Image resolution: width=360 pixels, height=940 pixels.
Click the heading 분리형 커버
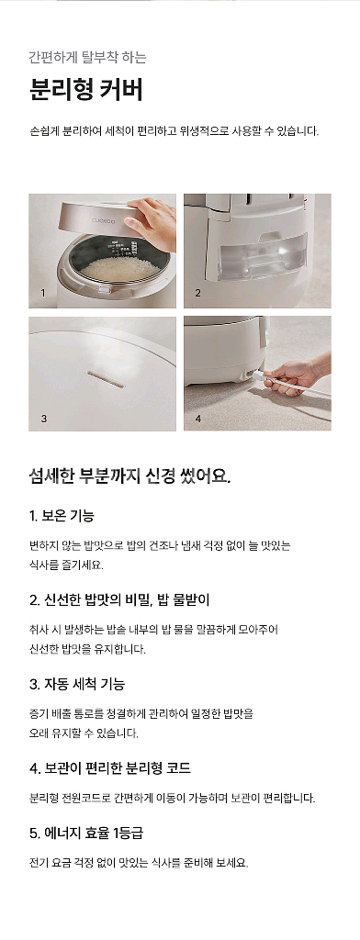click(85, 92)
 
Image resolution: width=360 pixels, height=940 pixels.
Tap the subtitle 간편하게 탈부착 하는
click(87, 57)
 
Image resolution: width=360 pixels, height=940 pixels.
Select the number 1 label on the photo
click(42, 294)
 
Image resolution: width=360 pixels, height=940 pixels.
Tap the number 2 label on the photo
click(197, 294)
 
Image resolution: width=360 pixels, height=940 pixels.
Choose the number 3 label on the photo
click(43, 418)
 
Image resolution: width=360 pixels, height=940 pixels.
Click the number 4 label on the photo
click(197, 418)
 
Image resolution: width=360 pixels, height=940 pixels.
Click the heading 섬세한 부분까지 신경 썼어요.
click(129, 476)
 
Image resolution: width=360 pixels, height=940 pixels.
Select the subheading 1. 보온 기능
click(62, 515)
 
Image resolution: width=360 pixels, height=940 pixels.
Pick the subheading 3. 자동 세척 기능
click(77, 684)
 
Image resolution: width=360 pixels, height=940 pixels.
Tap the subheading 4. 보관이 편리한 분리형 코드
click(110, 767)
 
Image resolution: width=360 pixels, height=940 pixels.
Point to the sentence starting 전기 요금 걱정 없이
click(139, 863)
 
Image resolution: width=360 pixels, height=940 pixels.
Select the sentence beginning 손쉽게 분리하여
click(174, 131)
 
